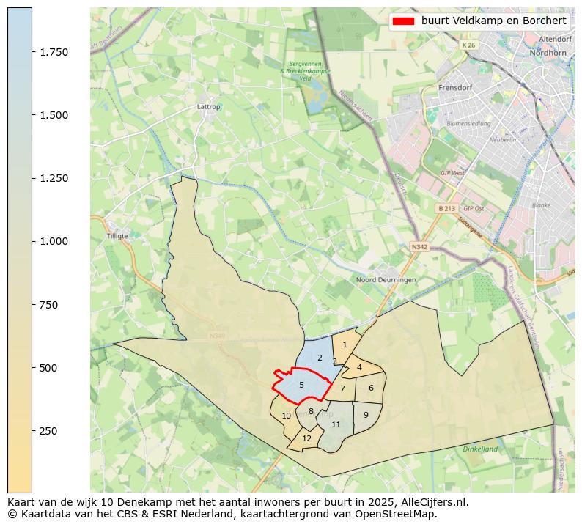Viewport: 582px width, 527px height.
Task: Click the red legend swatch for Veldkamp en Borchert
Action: point(403,21)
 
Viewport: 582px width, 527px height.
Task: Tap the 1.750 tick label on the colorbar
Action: point(54,52)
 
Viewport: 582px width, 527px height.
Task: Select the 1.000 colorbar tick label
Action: point(54,241)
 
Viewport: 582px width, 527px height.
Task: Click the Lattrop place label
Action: point(209,106)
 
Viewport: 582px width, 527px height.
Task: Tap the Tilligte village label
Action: point(117,236)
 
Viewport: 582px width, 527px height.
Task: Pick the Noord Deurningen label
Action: point(386,280)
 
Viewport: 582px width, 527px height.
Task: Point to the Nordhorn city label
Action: point(550,53)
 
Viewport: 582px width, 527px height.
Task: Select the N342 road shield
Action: point(419,247)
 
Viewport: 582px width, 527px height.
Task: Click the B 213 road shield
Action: point(447,208)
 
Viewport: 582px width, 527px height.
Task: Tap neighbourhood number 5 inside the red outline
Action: point(301,385)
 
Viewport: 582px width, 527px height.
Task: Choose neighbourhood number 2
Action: point(320,358)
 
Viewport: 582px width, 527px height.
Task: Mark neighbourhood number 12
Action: point(307,438)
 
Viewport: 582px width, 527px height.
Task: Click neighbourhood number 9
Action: point(366,415)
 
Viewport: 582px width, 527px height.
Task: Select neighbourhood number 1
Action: point(345,344)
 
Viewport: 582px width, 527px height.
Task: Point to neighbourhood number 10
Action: point(286,416)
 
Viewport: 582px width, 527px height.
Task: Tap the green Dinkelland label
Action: point(480,449)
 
